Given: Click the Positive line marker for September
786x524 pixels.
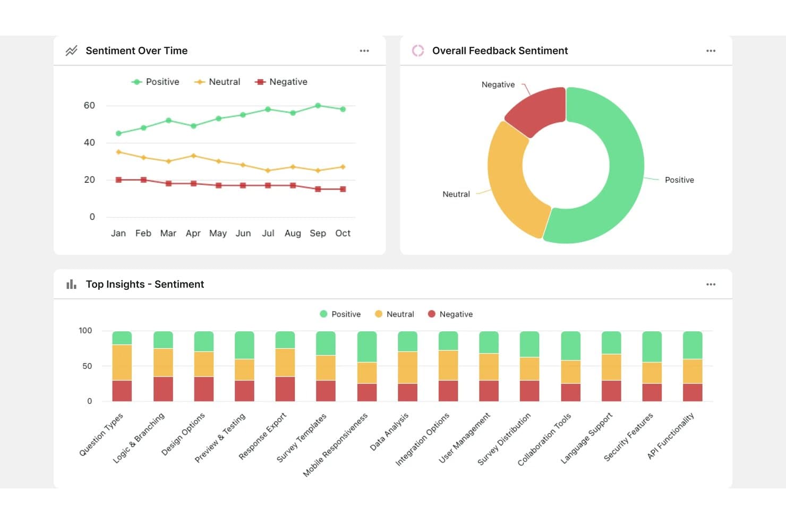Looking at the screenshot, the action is (318, 106).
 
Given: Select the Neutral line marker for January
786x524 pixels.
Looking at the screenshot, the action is (118, 152).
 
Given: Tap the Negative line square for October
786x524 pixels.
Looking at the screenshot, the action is (343, 189).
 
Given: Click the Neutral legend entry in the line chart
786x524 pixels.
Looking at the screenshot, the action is (218, 82).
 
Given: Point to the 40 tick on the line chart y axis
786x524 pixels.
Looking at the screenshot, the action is (89, 142).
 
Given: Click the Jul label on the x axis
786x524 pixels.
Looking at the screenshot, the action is (268, 233).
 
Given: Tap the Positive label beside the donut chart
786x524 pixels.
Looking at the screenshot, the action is (679, 180).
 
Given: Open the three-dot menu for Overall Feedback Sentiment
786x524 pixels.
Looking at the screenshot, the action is (711, 51).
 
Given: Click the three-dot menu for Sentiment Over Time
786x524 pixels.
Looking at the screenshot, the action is (364, 51).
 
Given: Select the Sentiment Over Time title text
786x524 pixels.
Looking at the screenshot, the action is (136, 51).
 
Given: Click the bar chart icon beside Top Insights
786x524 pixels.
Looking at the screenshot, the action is (71, 284).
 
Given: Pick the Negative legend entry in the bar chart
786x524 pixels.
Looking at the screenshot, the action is (450, 314).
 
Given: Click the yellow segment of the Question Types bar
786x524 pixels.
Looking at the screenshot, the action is (122, 362).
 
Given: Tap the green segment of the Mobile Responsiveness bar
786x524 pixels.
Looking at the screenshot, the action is (367, 347).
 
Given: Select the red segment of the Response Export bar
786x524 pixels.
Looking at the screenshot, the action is (285, 389).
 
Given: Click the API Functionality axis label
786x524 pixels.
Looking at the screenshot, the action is (671, 436).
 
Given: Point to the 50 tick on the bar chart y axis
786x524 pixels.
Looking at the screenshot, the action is (87, 366).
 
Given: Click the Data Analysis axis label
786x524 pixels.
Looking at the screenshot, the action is (389, 432).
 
